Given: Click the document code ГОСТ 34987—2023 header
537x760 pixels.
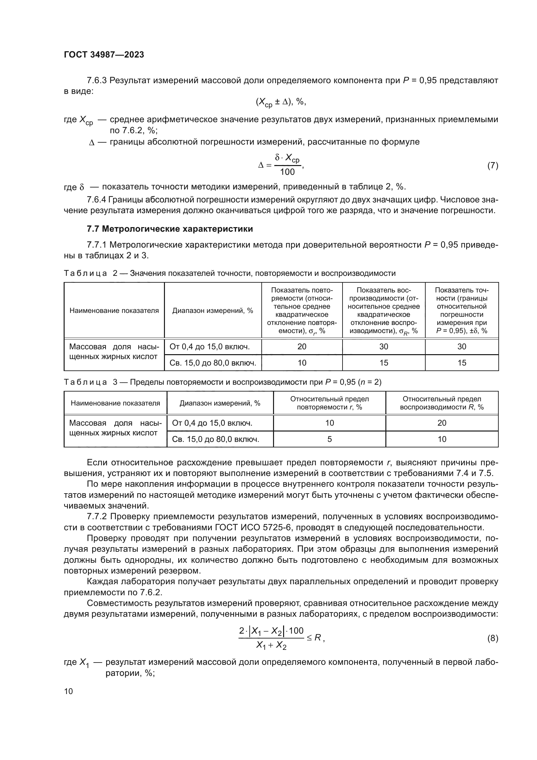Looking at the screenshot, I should click(104, 55).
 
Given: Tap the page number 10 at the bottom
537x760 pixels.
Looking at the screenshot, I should click(69, 691).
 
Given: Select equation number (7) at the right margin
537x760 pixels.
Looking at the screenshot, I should click(493, 165).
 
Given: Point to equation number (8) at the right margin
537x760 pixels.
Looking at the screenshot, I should click(493, 638).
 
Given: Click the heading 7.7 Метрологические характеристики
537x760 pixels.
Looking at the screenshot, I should click(169, 229).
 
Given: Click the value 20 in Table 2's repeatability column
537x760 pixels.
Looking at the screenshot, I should click(302, 347).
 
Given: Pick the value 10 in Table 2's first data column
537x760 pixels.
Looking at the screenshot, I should click(302, 363).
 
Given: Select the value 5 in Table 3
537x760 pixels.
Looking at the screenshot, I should click(329, 439).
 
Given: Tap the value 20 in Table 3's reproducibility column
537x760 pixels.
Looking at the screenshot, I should click(442, 423).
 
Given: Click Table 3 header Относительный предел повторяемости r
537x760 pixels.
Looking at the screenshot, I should click(329, 403).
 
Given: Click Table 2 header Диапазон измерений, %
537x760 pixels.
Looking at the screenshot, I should click(213, 311).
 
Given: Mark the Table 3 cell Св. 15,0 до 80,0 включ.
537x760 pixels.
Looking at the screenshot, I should click(216, 439).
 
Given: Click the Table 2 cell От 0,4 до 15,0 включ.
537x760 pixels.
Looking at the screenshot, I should click(210, 347).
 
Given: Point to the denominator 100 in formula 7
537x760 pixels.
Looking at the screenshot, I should click(287, 172).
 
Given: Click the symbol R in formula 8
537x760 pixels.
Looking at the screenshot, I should click(318, 638).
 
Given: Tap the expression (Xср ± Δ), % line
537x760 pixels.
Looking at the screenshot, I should click(281, 102).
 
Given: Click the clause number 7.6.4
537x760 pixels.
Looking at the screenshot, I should click(96, 200).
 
